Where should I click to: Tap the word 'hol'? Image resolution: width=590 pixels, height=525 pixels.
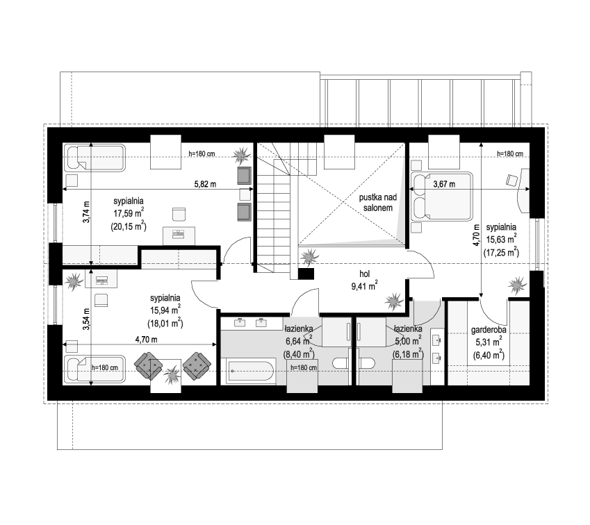[x=365, y=274]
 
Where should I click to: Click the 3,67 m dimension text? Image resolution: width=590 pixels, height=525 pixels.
[x=444, y=185]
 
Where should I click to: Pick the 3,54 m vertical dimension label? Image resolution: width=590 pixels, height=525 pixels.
[x=87, y=319]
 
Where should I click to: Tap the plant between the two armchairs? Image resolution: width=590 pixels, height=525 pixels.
[x=172, y=375]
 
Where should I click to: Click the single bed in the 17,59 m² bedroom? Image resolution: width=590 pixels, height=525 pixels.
[x=95, y=158]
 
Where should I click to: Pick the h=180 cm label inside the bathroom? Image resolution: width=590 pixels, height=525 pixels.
[x=304, y=368]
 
